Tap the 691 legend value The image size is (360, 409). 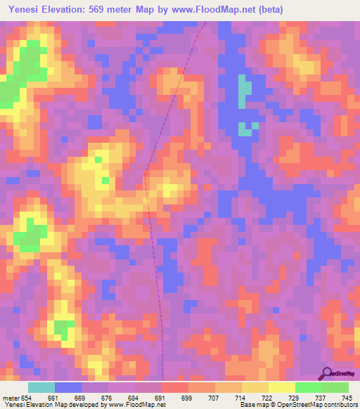160,397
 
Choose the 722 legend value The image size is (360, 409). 268,397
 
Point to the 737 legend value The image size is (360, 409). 321,397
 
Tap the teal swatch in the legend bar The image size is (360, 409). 41,387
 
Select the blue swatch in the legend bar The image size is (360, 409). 68,387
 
